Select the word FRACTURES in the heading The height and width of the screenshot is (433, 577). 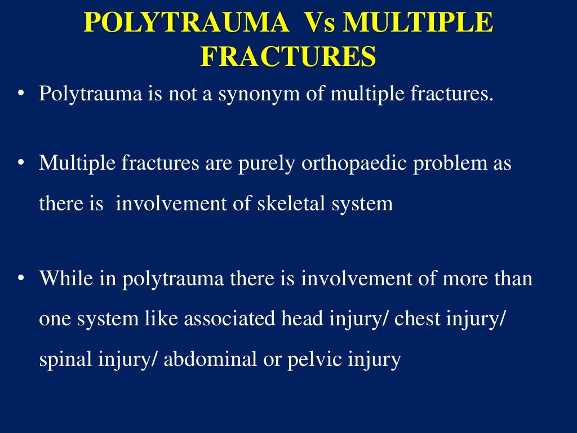coord(288,58)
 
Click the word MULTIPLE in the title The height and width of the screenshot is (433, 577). coord(418,24)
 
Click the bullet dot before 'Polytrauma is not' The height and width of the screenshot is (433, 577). coord(21,94)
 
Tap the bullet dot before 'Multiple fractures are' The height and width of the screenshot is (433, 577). coord(21,164)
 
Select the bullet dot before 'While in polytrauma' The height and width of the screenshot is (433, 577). coord(21,279)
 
